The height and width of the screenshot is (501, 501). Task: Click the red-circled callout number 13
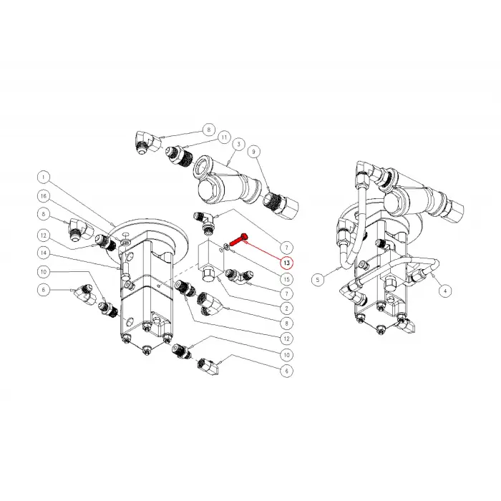pos(286,265)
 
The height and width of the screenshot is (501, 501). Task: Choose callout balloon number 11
pos(224,136)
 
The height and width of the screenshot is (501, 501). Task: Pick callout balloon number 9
pos(253,152)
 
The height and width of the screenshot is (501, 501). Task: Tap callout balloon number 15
pos(286,278)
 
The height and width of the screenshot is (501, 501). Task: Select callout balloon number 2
pos(286,307)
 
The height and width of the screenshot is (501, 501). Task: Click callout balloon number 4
pos(445,291)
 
